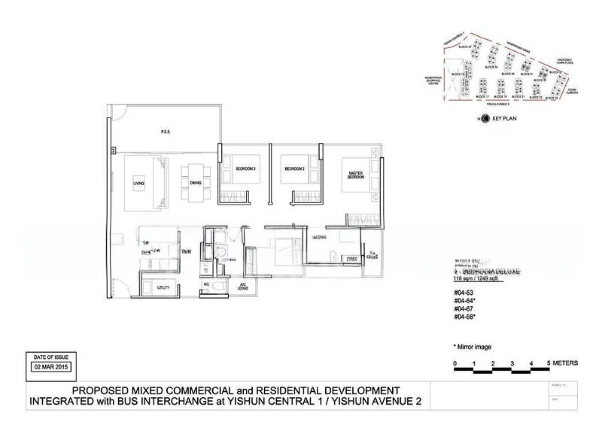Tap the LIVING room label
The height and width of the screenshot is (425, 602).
click(x=138, y=184)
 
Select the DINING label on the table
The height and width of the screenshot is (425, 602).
click(x=195, y=184)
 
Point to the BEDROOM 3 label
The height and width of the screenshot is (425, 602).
click(x=245, y=168)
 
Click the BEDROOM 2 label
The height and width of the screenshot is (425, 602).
click(x=293, y=168)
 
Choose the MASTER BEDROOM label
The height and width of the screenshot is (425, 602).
click(x=356, y=176)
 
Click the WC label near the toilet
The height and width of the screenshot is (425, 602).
click(x=205, y=284)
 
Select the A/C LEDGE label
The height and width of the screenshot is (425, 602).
click(x=242, y=287)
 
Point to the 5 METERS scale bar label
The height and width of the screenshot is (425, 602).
click(x=569, y=363)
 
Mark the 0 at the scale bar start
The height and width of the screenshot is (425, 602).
click(x=455, y=363)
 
